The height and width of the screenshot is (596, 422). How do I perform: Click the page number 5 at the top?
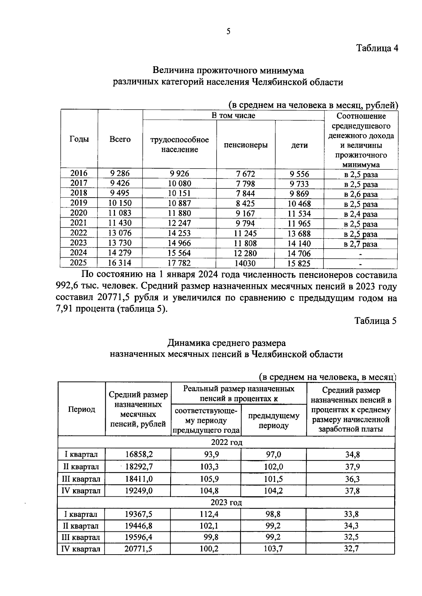tap(229, 32)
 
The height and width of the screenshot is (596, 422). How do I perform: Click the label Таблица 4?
tap(377, 48)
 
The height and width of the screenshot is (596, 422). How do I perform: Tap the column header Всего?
tap(120, 139)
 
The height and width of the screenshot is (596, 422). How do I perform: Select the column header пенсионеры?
tap(245, 145)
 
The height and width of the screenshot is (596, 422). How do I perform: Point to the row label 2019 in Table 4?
tap(79, 203)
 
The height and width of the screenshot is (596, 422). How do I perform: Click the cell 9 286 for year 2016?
tap(120, 173)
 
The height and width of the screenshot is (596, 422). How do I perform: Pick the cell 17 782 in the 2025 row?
tap(179, 263)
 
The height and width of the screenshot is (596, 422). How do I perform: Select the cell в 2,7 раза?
tap(360, 244)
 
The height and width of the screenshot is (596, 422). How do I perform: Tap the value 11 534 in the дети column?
tap(299, 213)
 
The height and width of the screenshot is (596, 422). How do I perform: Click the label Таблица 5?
tap(375, 321)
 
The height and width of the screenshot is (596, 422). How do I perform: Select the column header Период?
tap(81, 409)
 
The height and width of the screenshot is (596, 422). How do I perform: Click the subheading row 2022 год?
tap(226, 442)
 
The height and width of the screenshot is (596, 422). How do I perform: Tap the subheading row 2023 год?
tap(226, 502)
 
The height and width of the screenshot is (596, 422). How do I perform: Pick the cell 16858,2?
tap(139, 455)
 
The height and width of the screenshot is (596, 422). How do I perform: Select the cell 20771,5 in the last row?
tap(138, 549)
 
